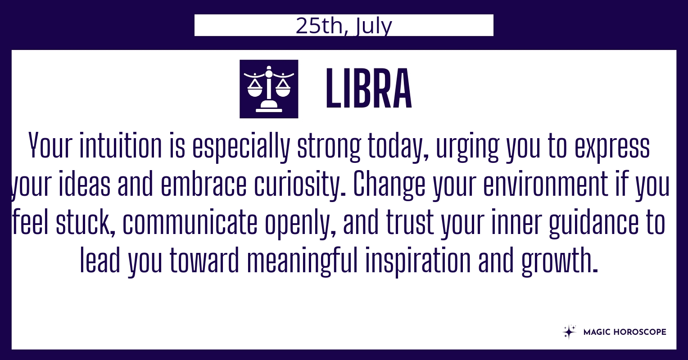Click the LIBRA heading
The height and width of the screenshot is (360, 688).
pyautogui.click(x=369, y=89)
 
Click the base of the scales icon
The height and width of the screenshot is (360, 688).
pyautogui.click(x=269, y=108)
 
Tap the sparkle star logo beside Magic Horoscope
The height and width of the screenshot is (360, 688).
pyautogui.click(x=569, y=332)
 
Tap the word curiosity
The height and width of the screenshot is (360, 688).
pyautogui.click(x=297, y=185)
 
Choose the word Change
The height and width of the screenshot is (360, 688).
pyautogui.click(x=389, y=185)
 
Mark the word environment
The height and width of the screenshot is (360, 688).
pyautogui.click(x=545, y=184)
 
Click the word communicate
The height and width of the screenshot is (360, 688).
pyautogui.click(x=190, y=222)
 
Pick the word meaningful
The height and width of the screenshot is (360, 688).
pyautogui.click(x=303, y=261)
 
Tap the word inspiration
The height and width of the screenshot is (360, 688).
pyautogui.click(x=418, y=261)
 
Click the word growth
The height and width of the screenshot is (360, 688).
pyautogui.click(x=560, y=261)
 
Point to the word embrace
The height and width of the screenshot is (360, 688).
pyautogui.click(x=204, y=184)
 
